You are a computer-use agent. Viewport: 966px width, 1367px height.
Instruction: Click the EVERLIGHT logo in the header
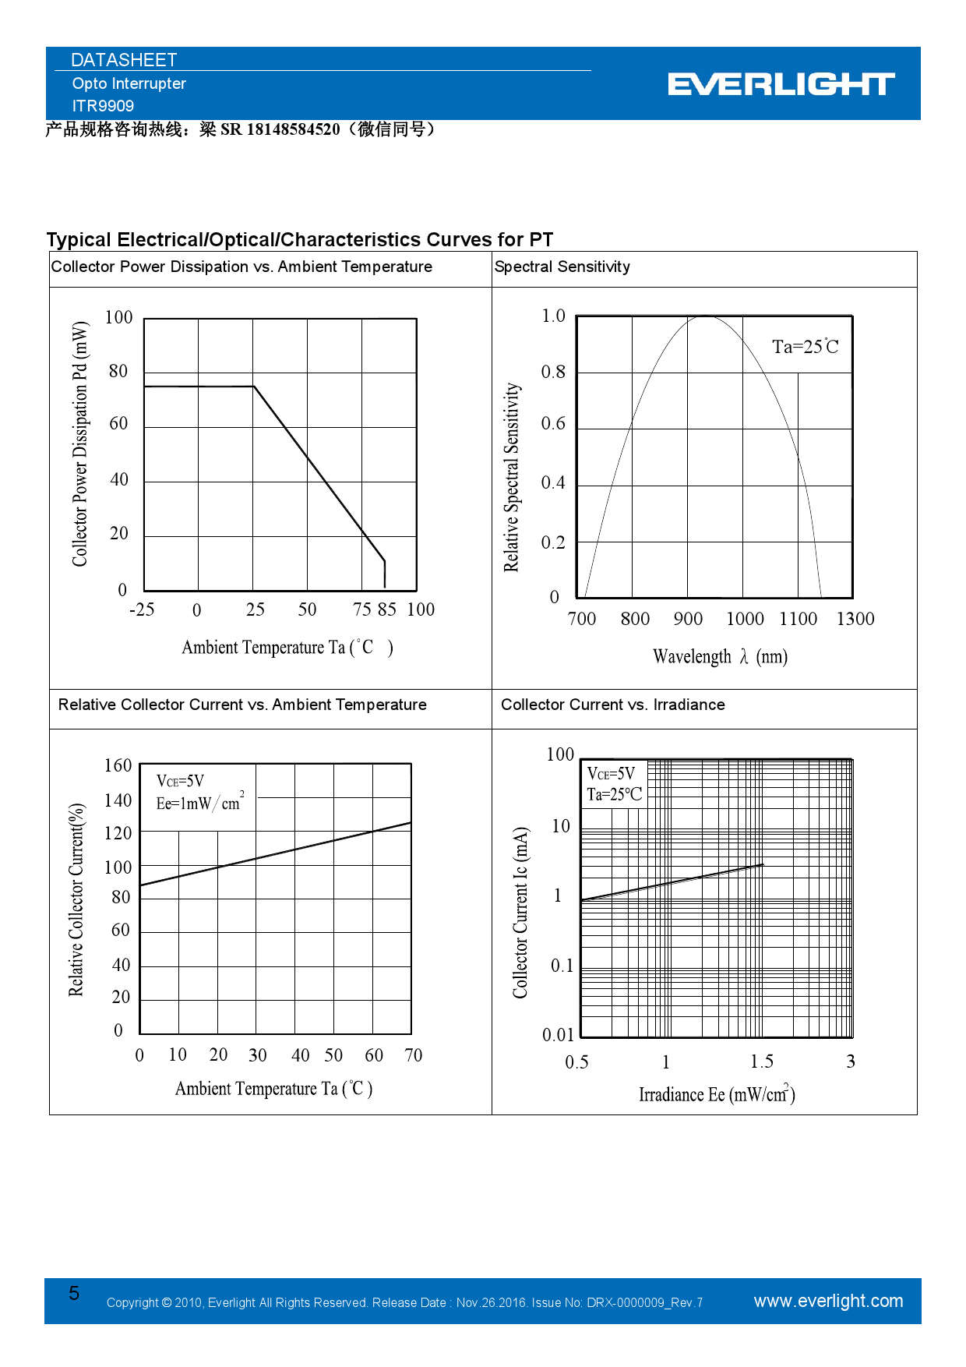pos(781,84)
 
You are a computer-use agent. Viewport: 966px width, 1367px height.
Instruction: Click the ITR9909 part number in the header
pos(103,106)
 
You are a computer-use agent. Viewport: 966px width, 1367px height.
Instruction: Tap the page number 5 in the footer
pos(74,1294)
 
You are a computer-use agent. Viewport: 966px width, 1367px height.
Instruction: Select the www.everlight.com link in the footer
pos(828,1301)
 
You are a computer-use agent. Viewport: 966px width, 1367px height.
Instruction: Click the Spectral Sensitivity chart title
pos(562,267)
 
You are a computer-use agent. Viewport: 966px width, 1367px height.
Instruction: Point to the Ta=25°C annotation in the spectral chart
pos(805,347)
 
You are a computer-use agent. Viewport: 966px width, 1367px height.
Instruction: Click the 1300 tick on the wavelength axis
pos(855,619)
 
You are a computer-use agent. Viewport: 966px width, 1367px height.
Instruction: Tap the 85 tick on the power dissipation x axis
pos(386,609)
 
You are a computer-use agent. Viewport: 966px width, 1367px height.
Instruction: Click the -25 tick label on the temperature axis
pos(142,609)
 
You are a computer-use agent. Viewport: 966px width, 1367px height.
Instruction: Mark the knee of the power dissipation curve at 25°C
pos(254,387)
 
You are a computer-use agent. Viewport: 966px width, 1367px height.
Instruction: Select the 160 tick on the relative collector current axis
pos(118,765)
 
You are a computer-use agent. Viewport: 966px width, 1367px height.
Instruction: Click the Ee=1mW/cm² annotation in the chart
pos(199,803)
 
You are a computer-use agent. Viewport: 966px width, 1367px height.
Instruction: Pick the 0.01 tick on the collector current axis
pos(558,1035)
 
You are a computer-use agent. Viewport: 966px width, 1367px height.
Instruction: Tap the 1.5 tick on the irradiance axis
pos(762,1061)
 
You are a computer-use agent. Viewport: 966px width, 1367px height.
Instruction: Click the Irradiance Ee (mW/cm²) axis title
pos(717,1094)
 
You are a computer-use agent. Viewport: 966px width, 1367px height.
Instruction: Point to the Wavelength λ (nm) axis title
pos(720,657)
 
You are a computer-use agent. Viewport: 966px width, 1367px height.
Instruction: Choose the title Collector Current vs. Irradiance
pos(612,705)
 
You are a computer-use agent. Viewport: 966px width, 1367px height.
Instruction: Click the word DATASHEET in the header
pos(124,60)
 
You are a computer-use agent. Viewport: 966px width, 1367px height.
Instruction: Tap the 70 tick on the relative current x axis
pos(413,1055)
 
